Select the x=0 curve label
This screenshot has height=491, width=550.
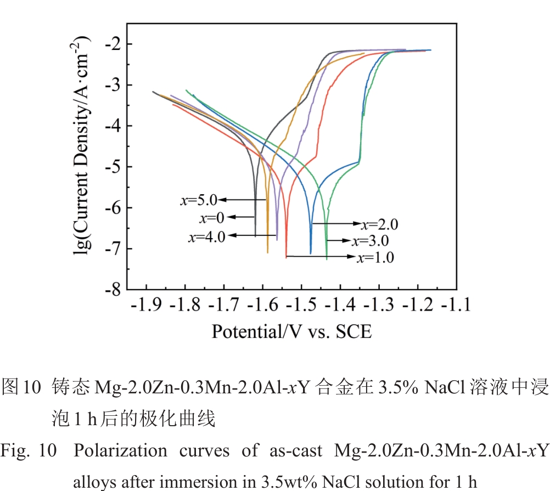click(212, 218)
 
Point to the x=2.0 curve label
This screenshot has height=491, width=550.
click(379, 224)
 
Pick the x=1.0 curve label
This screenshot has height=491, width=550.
click(375, 258)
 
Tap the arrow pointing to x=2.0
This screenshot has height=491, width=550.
click(336, 224)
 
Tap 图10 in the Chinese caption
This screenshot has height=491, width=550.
click(22, 387)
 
